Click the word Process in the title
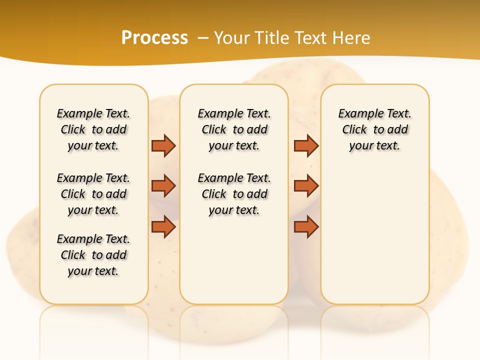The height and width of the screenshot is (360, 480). click(x=154, y=37)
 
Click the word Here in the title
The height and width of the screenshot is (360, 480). click(x=352, y=37)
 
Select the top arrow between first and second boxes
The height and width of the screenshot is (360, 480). click(x=163, y=145)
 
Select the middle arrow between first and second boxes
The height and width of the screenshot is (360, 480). click(x=163, y=186)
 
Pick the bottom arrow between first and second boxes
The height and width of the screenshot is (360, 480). click(x=163, y=226)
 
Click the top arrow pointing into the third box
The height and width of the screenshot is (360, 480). click(x=306, y=145)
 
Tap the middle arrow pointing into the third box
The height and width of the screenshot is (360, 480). click(x=306, y=186)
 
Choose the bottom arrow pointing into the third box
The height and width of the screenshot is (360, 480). click(x=306, y=226)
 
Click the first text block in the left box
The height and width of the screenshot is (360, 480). click(x=93, y=129)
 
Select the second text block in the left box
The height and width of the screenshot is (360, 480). click(x=93, y=194)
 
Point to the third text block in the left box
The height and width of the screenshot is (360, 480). click(x=93, y=255)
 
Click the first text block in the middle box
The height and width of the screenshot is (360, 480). click(x=234, y=129)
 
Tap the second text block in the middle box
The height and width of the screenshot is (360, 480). click(x=234, y=194)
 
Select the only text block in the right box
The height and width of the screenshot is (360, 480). click(x=375, y=129)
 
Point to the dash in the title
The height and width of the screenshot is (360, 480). click(x=203, y=37)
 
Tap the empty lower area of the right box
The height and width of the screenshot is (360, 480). click(x=375, y=240)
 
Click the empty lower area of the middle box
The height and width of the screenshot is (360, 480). click(x=234, y=260)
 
